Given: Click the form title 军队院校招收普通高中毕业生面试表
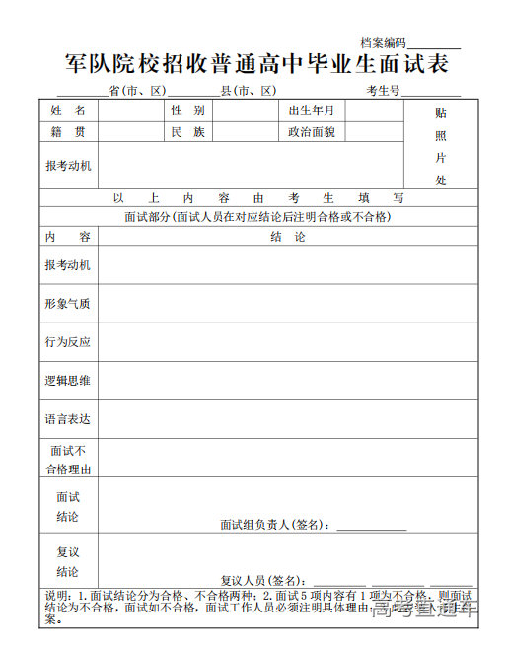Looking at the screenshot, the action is point(256,64).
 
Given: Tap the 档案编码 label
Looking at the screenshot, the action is point(383,43).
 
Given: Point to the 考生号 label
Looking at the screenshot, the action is point(383,91).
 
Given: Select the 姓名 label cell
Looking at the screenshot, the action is point(68,110).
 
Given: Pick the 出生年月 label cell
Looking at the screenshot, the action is point(312,110).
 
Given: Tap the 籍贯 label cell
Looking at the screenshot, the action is point(68,131).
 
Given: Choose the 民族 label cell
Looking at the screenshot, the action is point(187,131).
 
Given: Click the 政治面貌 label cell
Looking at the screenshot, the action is point(312,131).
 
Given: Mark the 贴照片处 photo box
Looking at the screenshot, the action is point(441,147).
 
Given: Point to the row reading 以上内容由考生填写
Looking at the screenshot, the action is point(258,198).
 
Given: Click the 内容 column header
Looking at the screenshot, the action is point(68,237).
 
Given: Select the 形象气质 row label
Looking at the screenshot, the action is point(68,304).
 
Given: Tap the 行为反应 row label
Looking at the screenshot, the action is point(68,342).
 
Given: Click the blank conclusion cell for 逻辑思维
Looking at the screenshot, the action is point(287,381).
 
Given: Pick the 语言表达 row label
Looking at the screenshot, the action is point(68,419).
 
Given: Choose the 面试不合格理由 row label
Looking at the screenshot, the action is point(68,459).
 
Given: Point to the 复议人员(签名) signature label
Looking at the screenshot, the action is point(262,580).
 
